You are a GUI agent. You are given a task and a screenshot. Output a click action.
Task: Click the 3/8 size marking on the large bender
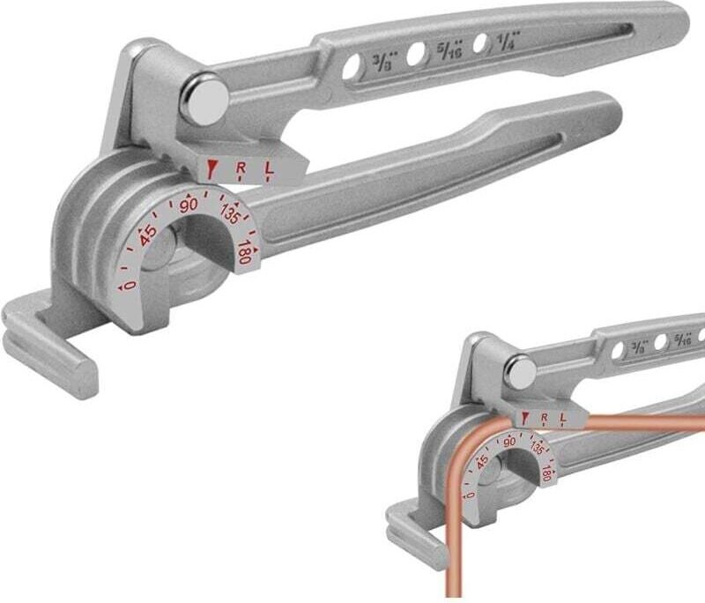pyautogui.click(x=386, y=63)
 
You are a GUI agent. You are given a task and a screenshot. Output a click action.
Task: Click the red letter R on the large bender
pyautogui.click(x=241, y=167)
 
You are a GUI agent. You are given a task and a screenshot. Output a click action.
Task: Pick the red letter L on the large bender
pyautogui.click(x=268, y=167)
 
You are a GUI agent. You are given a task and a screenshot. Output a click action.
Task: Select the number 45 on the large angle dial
pyautogui.click(x=148, y=234)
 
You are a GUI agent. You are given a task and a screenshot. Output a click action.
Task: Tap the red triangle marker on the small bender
pyautogui.click(x=525, y=417)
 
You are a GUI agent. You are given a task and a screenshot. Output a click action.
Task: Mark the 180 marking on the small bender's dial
pyautogui.click(x=547, y=474)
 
